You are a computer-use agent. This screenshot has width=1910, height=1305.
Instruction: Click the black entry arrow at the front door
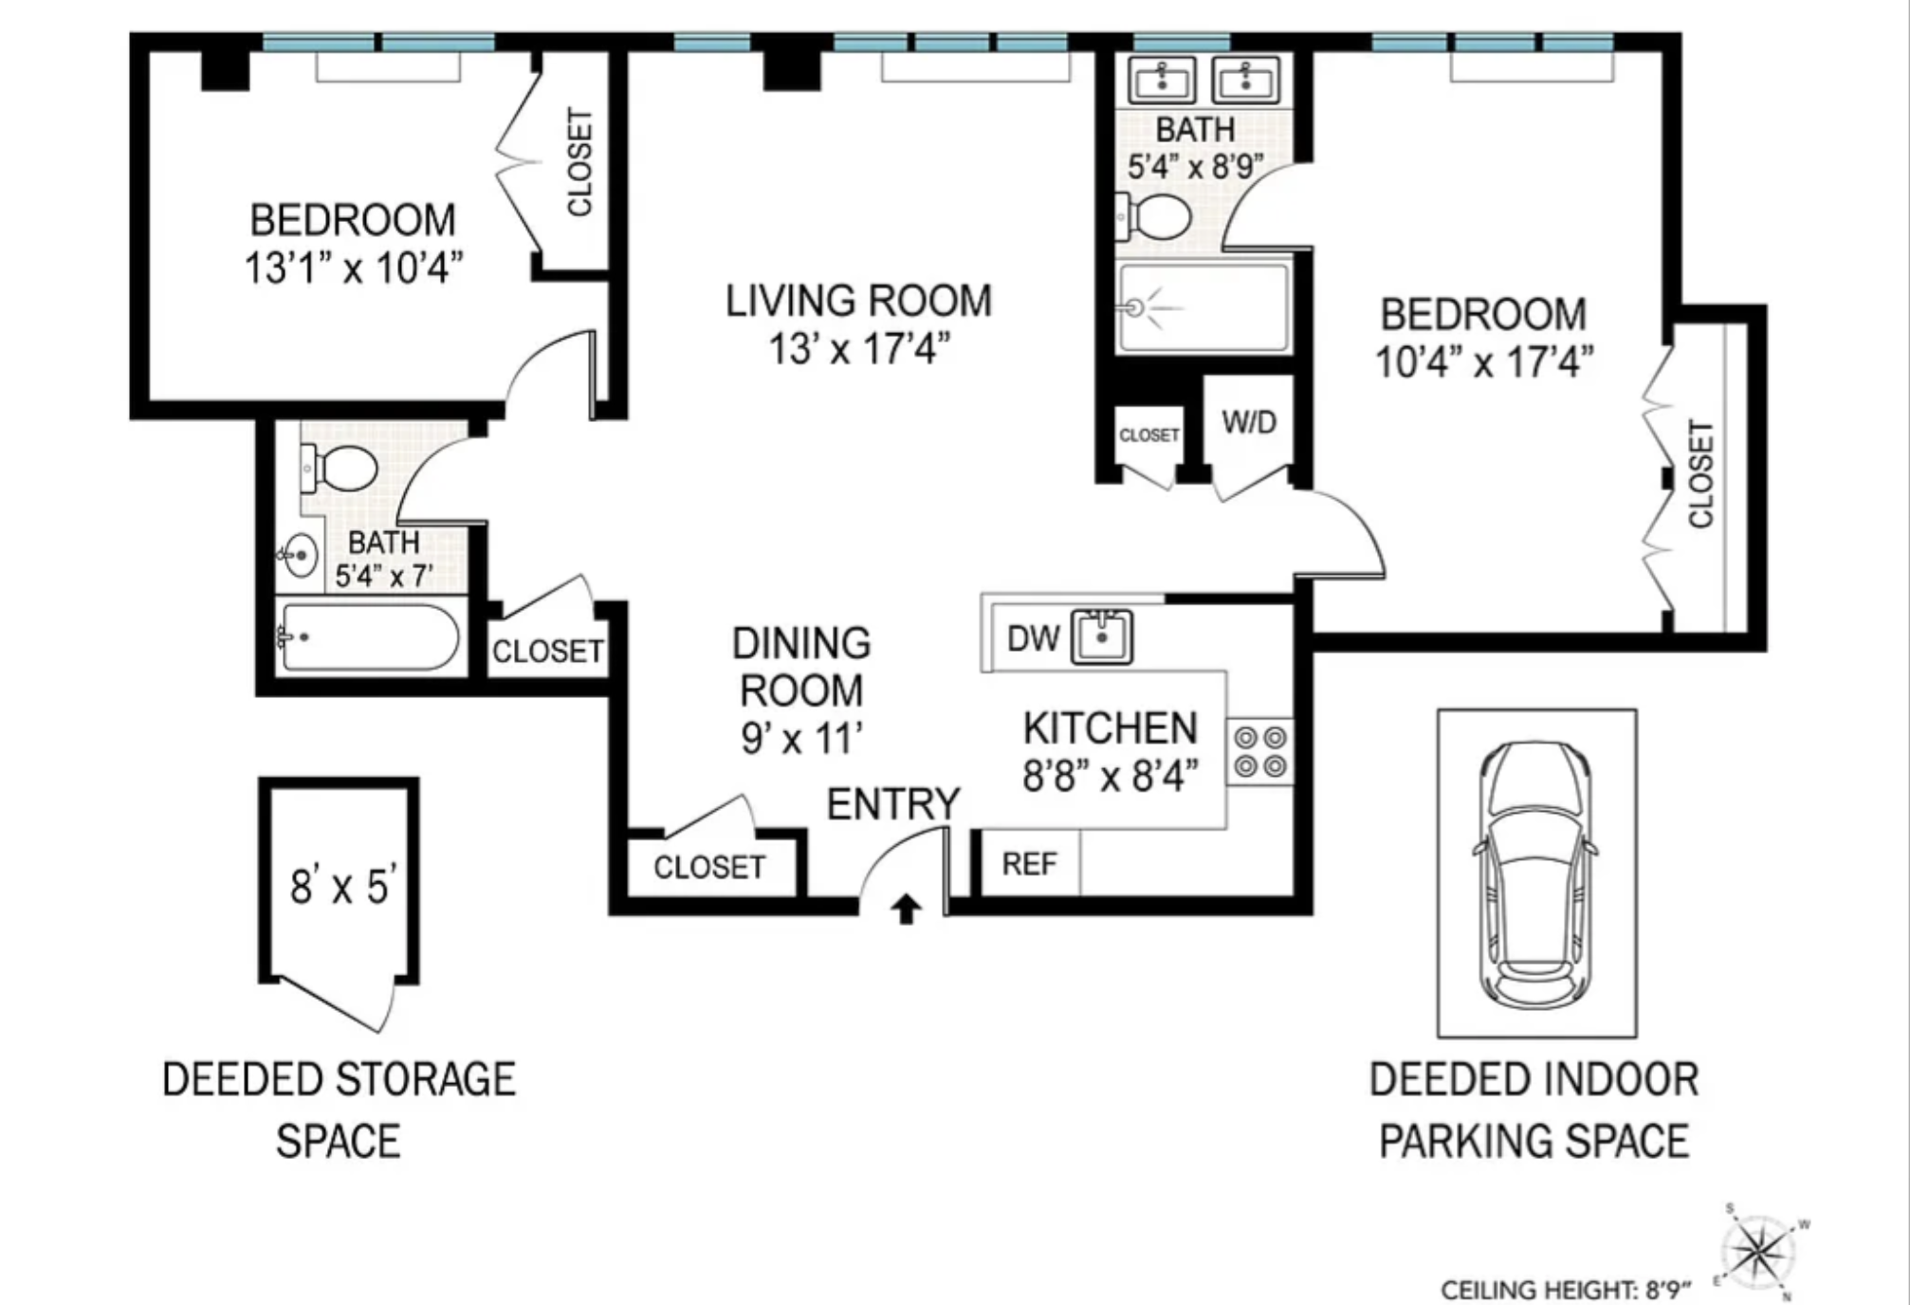(907, 909)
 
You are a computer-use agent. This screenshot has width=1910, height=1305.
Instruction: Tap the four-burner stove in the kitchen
(1260, 751)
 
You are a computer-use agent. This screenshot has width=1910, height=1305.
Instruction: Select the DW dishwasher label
(1033, 638)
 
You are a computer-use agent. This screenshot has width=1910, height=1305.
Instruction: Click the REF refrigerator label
(1029, 864)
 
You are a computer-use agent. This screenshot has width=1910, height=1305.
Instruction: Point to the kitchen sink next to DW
(1101, 637)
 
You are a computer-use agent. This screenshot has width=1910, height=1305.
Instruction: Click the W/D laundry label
(1249, 422)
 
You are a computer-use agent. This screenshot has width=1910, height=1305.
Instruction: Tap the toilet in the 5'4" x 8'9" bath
(1153, 217)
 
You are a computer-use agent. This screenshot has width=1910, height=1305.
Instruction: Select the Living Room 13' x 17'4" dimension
(858, 349)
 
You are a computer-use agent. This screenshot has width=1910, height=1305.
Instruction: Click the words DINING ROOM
(801, 667)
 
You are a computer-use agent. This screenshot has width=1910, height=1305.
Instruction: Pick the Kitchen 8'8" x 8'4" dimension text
(1111, 777)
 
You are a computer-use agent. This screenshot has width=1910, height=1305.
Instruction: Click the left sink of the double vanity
(1162, 79)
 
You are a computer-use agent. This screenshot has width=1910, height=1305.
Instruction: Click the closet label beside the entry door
(709, 867)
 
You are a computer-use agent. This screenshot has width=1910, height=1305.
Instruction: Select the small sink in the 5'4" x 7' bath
(300, 555)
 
